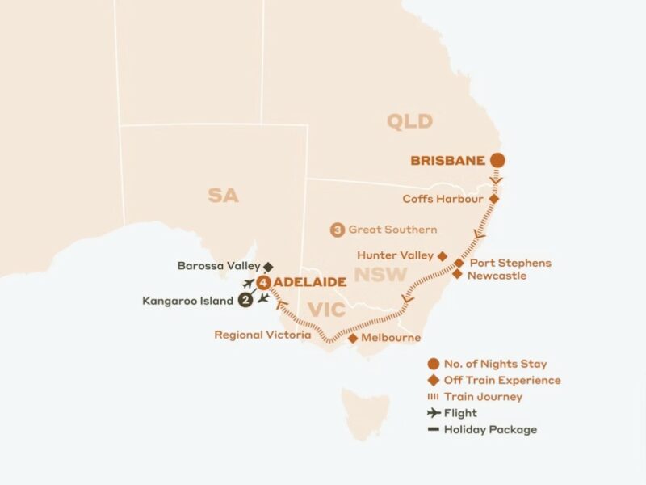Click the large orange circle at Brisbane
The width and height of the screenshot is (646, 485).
pyautogui.click(x=498, y=160)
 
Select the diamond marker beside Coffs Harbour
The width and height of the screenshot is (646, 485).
pyautogui.click(x=493, y=199)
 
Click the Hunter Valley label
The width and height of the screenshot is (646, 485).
pyautogui.click(x=395, y=255)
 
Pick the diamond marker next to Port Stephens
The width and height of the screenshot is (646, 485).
pyautogui.click(x=459, y=263)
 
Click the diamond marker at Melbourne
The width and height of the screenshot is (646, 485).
pyautogui.click(x=353, y=338)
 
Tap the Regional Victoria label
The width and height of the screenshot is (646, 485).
pyautogui.click(x=261, y=335)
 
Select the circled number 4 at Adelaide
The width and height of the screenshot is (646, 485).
pyautogui.click(x=264, y=282)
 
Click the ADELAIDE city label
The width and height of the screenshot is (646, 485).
pyautogui.click(x=310, y=282)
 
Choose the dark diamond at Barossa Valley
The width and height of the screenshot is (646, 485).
pyautogui.click(x=268, y=265)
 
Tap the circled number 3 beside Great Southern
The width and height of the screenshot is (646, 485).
pyautogui.click(x=337, y=230)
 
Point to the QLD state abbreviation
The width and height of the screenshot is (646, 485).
pyautogui.click(x=409, y=122)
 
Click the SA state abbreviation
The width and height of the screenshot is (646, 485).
pyautogui.click(x=223, y=195)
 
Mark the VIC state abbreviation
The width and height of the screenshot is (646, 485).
pyautogui.click(x=327, y=309)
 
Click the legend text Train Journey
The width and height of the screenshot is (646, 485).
pyautogui.click(x=483, y=397)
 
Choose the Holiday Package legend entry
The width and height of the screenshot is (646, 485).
pyautogui.click(x=490, y=429)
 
